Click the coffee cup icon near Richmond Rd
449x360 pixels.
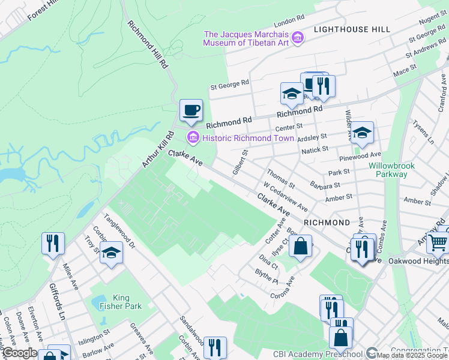(191, 110)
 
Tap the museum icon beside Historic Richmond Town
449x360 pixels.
(193, 138)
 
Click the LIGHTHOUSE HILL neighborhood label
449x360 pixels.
(351, 29)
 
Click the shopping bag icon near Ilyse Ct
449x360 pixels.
(301, 245)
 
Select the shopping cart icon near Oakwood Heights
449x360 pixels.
(438, 242)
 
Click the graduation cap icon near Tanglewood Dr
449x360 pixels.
(112, 254)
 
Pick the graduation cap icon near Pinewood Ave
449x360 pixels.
(362, 133)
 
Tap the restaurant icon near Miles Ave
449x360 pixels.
(53, 243)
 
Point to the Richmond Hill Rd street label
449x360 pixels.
(146, 45)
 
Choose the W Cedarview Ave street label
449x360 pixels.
(286, 197)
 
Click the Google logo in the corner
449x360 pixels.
(20, 353)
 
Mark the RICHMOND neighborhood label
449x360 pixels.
(327, 223)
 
